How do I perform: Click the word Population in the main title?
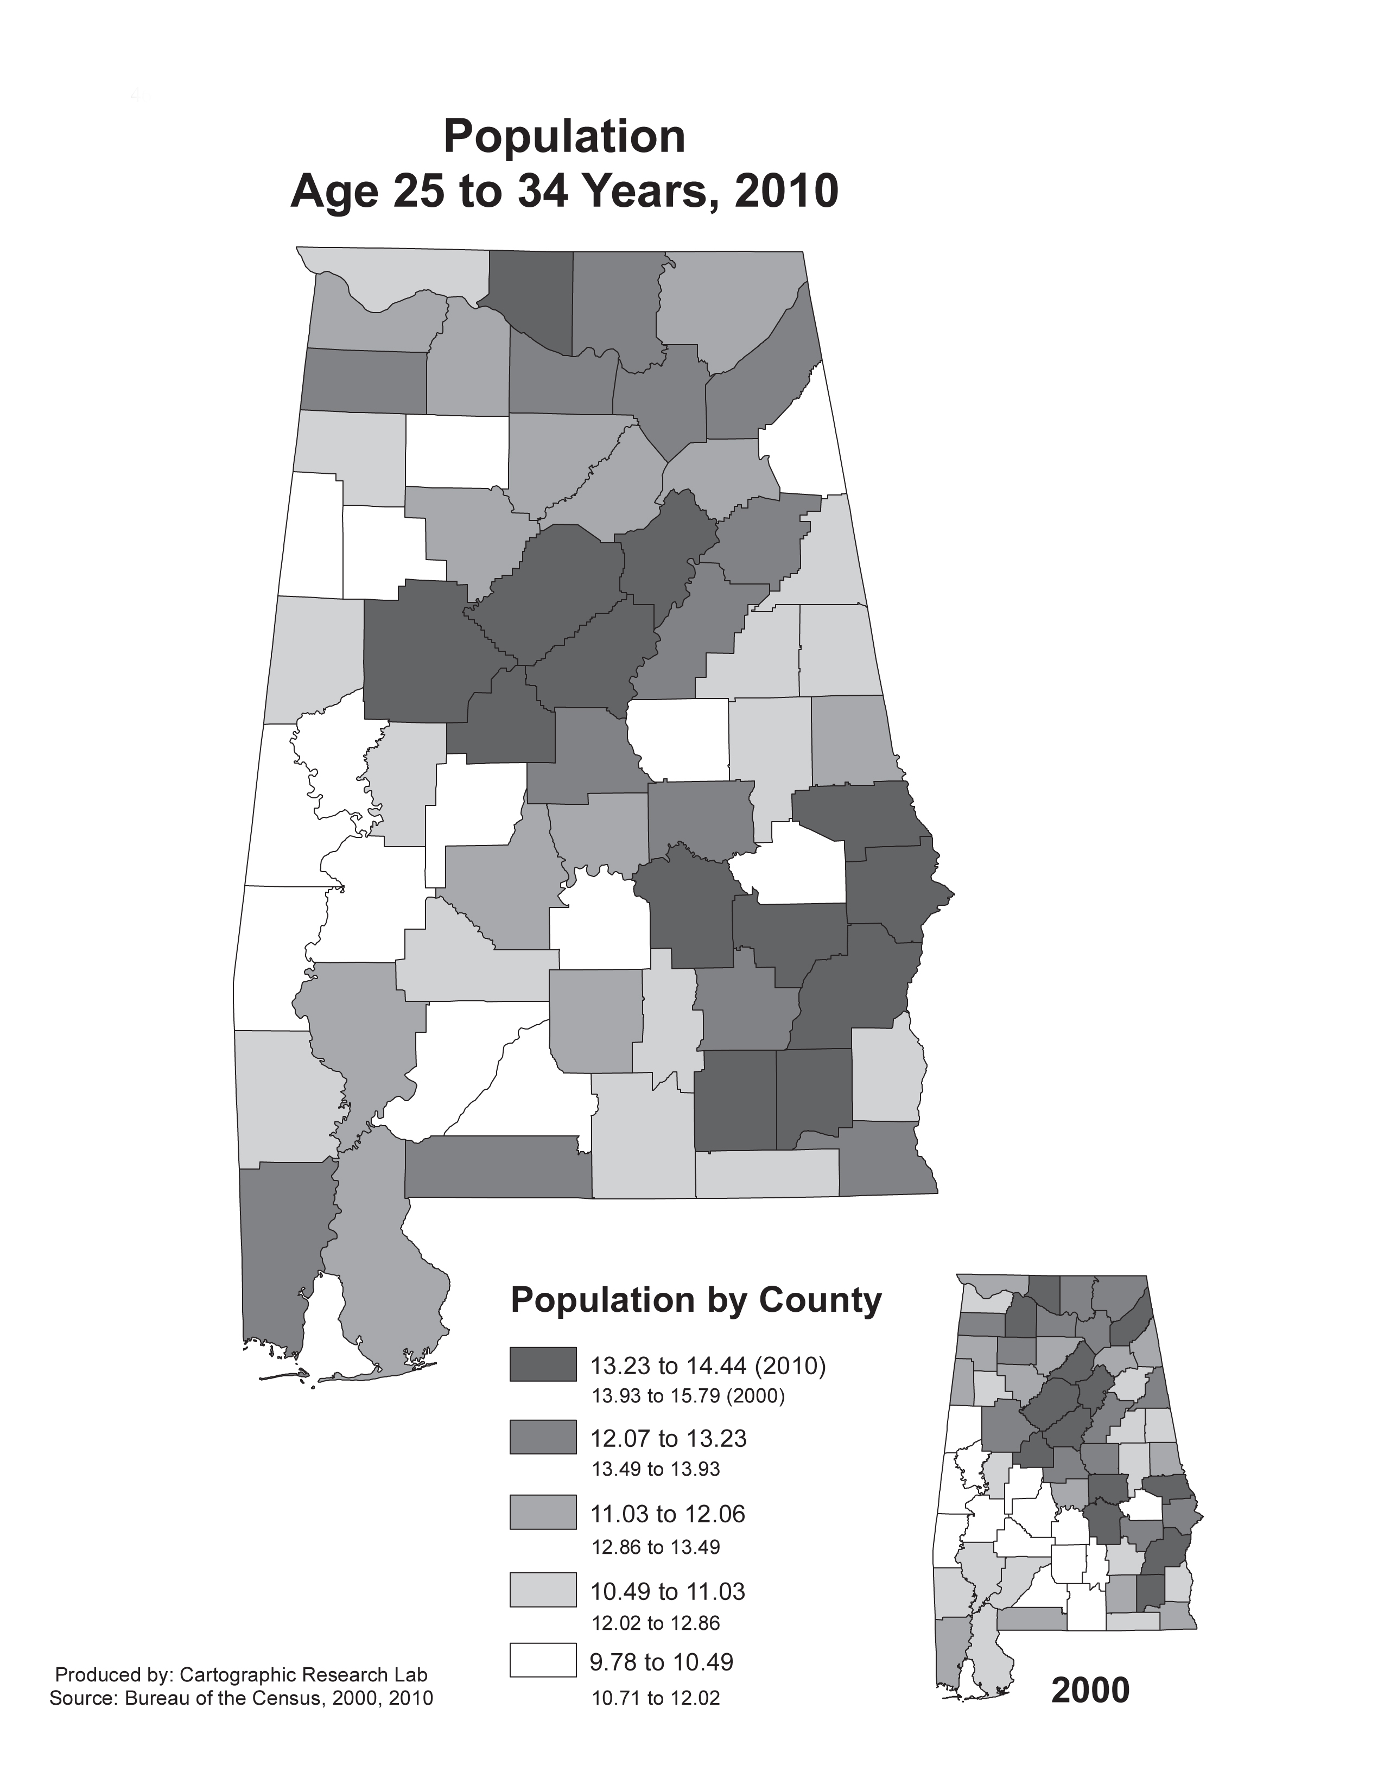tap(564, 137)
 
